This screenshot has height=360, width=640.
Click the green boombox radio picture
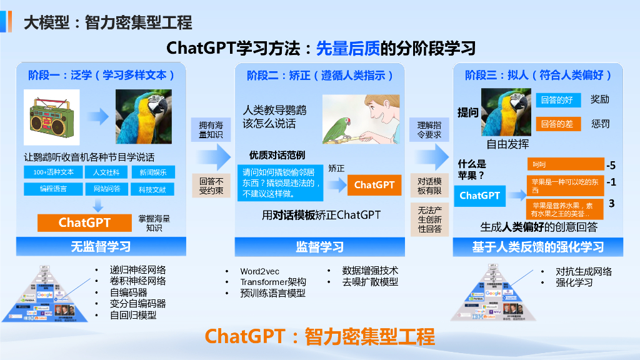(x=52, y=116)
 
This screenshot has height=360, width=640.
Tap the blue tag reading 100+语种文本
(x=54, y=172)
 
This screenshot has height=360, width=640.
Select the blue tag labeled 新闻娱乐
(x=152, y=172)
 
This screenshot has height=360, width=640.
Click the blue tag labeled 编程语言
(x=54, y=188)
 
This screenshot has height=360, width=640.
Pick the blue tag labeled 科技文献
(x=152, y=188)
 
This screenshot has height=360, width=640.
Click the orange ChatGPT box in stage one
(x=84, y=222)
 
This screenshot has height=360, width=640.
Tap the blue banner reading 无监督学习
(x=101, y=247)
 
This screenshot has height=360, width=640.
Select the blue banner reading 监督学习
(x=319, y=247)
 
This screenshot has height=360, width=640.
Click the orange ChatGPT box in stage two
(x=374, y=185)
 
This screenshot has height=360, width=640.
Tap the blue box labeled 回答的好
(x=557, y=100)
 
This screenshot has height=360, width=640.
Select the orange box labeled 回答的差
(x=557, y=124)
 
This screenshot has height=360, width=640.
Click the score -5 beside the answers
(x=611, y=166)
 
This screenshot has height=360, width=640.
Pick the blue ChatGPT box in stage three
(x=479, y=196)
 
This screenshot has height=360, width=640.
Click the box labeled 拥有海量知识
(x=211, y=130)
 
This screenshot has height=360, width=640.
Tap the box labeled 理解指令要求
(x=429, y=130)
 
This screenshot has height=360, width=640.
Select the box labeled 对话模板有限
(x=429, y=186)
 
